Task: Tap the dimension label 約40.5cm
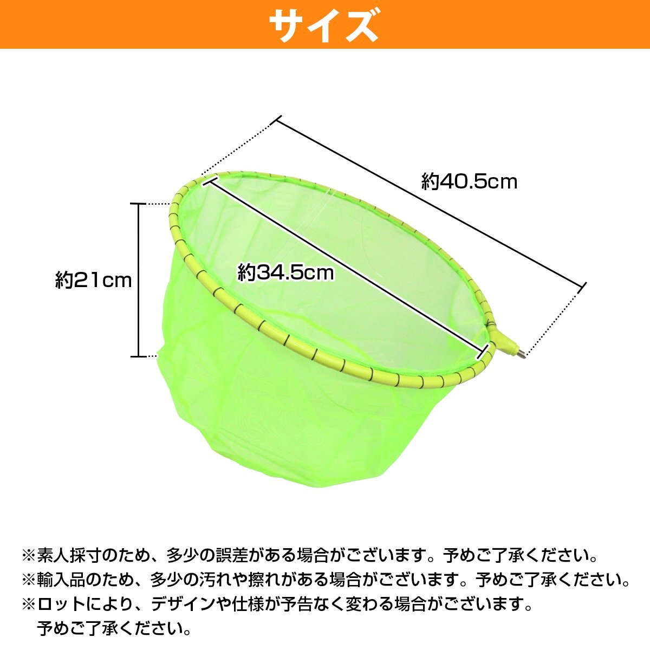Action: pos(469,181)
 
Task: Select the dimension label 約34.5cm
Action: pos(286,272)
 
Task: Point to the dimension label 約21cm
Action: pos(93,280)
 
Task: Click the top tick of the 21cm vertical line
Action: pos(139,204)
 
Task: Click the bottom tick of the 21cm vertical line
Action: pos(139,356)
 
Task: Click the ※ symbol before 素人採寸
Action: pos(28,556)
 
